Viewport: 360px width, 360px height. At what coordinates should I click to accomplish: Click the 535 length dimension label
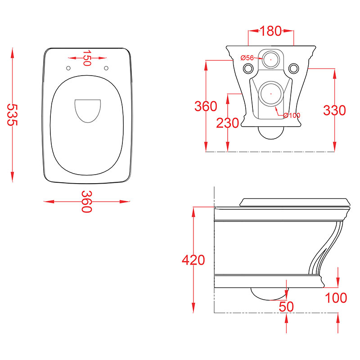point(13,115)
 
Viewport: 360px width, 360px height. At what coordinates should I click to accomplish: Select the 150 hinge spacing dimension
point(86,58)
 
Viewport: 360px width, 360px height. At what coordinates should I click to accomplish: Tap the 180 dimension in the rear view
point(271,31)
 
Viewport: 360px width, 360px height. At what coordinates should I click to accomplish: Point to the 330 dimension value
point(334,110)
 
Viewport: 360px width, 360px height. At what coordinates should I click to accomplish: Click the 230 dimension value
point(228,123)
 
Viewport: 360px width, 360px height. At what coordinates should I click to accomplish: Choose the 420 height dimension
point(193,260)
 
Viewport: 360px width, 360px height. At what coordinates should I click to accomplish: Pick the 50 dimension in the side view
point(286,306)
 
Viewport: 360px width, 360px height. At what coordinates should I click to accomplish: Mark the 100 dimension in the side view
point(336,298)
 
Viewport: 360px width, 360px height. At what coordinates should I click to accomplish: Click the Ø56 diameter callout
point(247,58)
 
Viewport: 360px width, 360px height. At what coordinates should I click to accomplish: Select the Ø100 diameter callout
point(292,115)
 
